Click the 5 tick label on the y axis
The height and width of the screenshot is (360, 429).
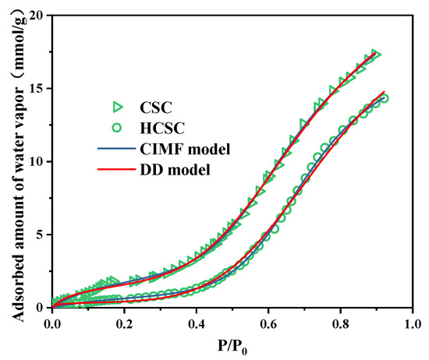pyautogui.click(x=41, y=235)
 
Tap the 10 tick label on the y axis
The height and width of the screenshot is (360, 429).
pyautogui.click(x=37, y=161)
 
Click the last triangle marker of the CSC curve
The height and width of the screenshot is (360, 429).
pyautogui.click(x=377, y=54)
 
